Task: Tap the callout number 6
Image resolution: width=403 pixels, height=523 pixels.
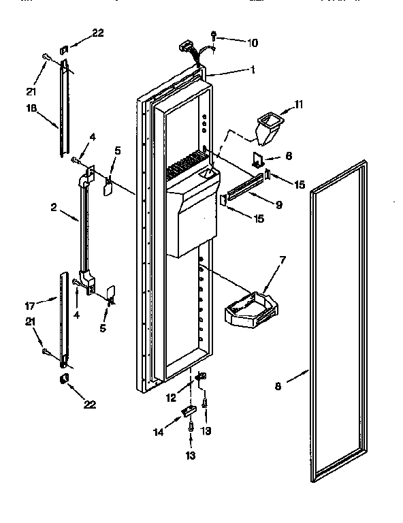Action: pos(289,156)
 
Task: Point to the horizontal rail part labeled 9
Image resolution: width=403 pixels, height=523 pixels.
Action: pos(244,188)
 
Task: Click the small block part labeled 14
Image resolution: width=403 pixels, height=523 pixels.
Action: pos(189,410)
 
